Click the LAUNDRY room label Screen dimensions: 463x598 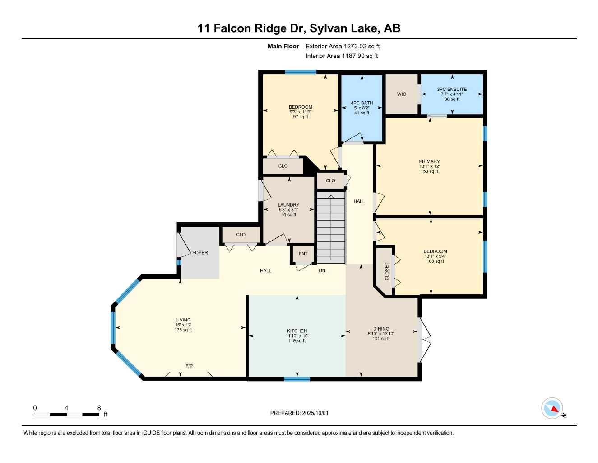point(288,205)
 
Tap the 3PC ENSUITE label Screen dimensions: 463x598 point(452,89)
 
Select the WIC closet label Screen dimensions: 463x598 point(402,94)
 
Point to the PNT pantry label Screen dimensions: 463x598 point(303,254)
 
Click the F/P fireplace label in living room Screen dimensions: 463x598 point(189,366)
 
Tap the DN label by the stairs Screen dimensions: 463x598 point(322,271)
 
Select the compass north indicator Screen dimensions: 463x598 point(552,409)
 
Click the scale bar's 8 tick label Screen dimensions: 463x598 point(99,407)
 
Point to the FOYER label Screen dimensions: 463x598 point(200,252)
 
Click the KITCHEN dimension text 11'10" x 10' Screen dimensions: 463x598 point(297,336)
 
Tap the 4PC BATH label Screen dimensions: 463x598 point(362,103)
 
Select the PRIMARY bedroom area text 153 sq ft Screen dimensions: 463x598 point(429,171)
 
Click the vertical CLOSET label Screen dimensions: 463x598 point(387,271)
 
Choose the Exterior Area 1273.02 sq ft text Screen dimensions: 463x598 point(343,46)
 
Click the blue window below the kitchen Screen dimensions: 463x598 point(297,379)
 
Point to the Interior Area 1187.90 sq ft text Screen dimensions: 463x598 point(342,56)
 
